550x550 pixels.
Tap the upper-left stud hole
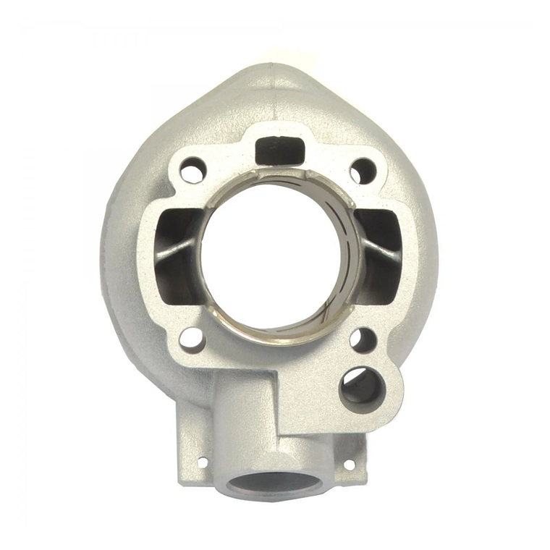click(x=192, y=172)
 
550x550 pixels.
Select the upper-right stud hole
click(x=363, y=171)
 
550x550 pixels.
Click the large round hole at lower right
click(x=361, y=389)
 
